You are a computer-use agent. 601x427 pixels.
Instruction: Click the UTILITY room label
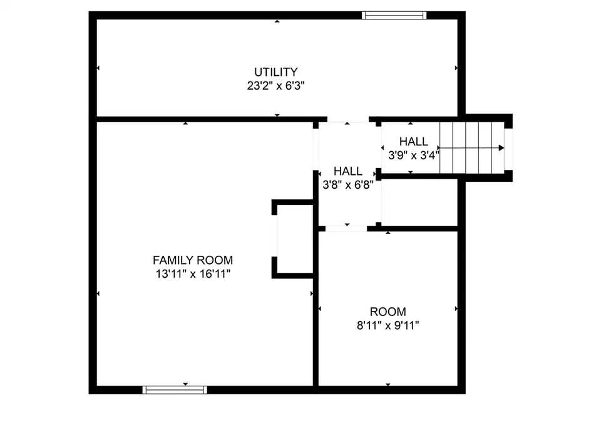[276, 72]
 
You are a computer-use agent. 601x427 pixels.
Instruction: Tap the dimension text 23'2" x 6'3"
[276, 86]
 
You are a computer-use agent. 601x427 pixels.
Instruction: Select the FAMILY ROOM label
[193, 260]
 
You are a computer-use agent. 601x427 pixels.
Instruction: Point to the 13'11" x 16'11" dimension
[193, 274]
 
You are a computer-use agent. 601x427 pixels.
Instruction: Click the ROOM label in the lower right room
[388, 312]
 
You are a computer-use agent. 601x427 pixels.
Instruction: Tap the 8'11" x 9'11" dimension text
[388, 325]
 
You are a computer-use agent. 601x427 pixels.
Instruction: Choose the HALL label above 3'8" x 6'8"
[348, 171]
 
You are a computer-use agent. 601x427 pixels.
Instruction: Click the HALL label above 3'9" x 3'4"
[414, 142]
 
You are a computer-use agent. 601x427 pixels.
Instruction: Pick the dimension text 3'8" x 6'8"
[348, 185]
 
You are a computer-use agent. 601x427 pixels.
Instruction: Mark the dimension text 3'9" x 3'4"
[414, 155]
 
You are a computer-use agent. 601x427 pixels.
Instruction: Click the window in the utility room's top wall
[394, 15]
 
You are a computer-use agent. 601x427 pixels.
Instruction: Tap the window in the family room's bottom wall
[175, 390]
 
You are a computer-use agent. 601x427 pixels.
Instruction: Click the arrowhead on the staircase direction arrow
[501, 148]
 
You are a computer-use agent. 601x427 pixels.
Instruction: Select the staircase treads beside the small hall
[472, 148]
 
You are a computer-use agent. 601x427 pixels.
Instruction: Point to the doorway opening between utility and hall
[348, 119]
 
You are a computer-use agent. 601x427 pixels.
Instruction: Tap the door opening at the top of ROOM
[346, 229]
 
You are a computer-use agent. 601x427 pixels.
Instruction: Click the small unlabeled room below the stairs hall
[419, 203]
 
